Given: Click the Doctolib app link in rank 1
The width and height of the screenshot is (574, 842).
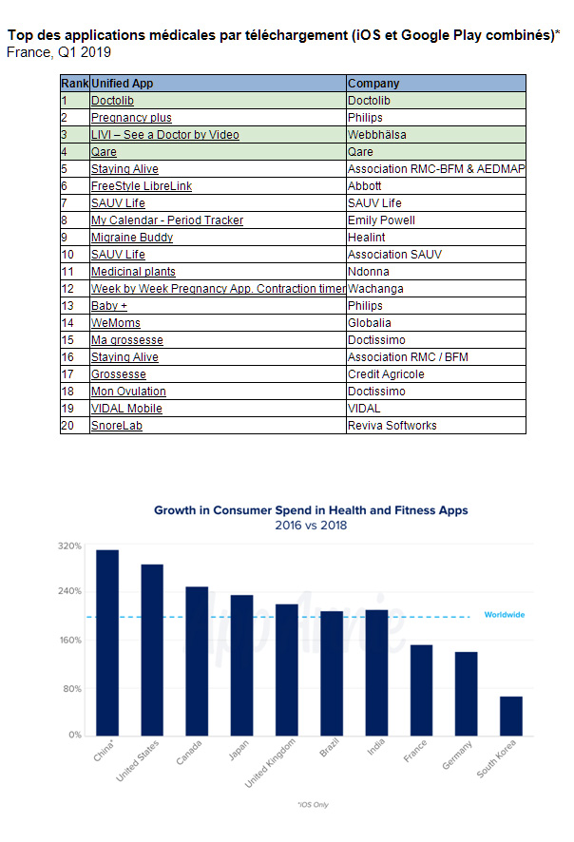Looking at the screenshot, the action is click(x=112, y=101).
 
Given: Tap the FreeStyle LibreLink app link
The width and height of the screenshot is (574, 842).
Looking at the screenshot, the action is click(x=142, y=186).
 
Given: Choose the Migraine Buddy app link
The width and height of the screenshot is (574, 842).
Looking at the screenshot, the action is click(x=132, y=238).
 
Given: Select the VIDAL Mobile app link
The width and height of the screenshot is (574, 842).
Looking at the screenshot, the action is click(x=126, y=409).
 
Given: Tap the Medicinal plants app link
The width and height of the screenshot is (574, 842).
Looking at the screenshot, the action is click(x=133, y=272).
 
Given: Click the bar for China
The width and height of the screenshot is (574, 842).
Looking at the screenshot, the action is click(x=107, y=642).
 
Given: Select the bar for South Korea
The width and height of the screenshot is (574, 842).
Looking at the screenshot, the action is click(x=511, y=717).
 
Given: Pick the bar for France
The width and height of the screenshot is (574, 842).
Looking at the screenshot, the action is click(x=422, y=691).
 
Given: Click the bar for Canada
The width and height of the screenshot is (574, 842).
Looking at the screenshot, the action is click(x=197, y=661).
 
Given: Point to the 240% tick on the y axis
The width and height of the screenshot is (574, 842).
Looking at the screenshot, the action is click(x=69, y=591).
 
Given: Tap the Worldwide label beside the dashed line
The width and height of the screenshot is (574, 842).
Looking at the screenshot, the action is click(x=505, y=615).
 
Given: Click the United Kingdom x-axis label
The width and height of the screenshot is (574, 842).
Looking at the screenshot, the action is click(x=270, y=763).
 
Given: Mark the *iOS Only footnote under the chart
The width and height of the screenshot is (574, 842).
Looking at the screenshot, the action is click(x=313, y=804).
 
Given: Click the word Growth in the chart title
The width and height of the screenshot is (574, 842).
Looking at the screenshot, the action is click(x=175, y=510).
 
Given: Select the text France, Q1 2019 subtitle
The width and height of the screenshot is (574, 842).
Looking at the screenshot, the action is click(x=59, y=52).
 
